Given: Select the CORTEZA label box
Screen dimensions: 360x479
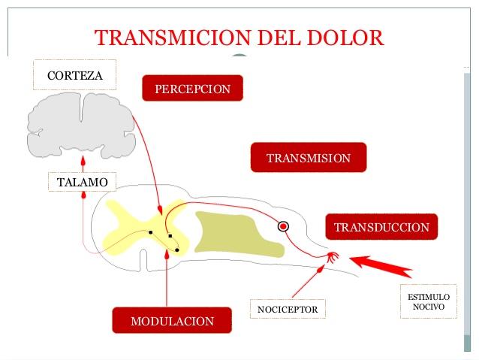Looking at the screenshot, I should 75,75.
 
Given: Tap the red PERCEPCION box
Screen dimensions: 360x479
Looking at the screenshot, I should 192,89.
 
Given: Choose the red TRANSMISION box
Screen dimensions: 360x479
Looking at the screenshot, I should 308,158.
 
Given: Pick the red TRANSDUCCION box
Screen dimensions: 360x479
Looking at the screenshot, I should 381,227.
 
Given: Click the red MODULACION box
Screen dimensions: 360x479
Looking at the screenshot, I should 172,321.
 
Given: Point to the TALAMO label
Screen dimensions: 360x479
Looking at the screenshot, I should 82,182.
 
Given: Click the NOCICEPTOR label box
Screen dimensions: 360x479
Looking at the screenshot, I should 288,309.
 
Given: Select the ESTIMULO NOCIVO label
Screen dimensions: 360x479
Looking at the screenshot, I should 428,302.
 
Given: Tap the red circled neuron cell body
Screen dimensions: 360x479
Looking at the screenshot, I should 283,225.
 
